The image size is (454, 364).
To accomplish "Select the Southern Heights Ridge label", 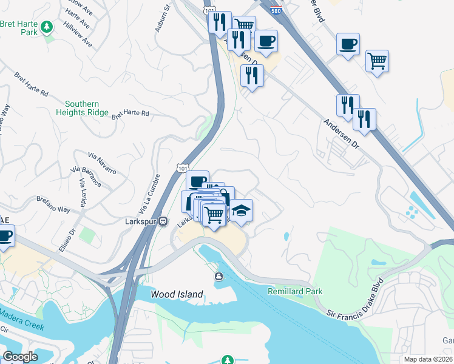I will (x=82, y=108).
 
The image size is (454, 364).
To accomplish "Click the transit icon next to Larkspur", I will (x=163, y=222).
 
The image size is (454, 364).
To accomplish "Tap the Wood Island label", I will (x=177, y=295).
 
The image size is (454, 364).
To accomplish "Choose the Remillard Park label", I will (x=295, y=292).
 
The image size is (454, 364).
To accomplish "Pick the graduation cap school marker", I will (x=241, y=211).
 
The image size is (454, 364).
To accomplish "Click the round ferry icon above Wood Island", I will (x=218, y=277).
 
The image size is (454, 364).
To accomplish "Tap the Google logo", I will (x=21, y=357).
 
